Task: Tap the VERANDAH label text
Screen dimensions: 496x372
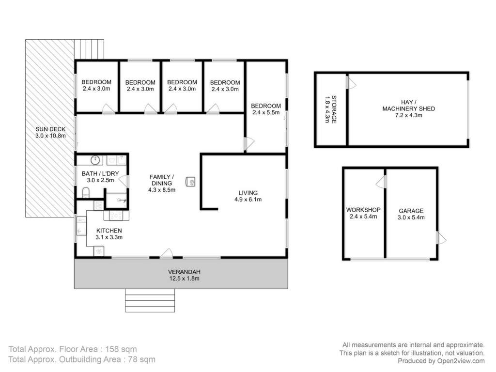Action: click(x=184, y=272)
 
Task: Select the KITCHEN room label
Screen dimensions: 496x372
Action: click(x=109, y=231)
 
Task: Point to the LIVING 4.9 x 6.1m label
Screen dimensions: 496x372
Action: click(x=248, y=196)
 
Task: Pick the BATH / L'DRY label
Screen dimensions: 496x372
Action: click(x=100, y=174)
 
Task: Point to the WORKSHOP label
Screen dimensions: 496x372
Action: click(x=363, y=210)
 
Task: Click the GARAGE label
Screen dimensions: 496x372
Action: click(x=411, y=211)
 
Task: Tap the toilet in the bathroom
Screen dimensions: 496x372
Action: click(x=86, y=192)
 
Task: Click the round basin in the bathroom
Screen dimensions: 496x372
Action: click(x=95, y=160)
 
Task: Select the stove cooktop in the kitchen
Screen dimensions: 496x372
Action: click(x=116, y=216)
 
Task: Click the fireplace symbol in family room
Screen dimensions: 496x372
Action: click(x=190, y=182)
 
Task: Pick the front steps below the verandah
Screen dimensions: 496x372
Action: click(x=150, y=300)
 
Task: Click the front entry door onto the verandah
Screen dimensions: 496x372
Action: click(x=166, y=253)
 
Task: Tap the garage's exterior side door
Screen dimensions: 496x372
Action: click(x=441, y=238)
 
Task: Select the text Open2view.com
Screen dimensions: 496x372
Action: click(x=461, y=361)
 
